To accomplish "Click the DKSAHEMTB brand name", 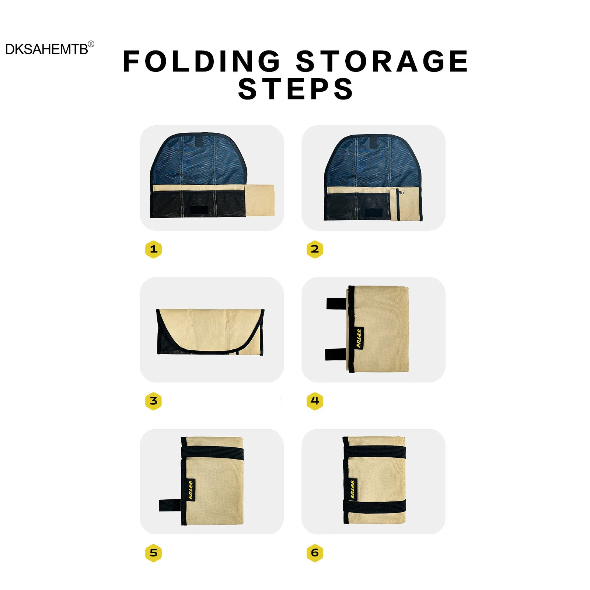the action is coord(47,49).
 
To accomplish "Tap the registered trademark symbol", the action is coord(91,44).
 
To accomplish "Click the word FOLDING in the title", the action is coord(202,61).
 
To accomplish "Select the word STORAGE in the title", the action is coord(382,61).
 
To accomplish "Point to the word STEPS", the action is coord(296,89).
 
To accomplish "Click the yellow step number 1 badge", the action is coord(153,249).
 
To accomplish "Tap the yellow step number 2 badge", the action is coord(315,249).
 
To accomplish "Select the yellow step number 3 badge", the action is coord(153,401).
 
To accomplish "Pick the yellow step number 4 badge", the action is coord(315,401).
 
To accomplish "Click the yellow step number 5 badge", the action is coord(153,553).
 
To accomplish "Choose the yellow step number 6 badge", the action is coord(315,553).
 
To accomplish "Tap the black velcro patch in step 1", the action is coord(199,210).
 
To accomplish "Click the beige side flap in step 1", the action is coord(259,200).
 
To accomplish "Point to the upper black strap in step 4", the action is coord(336,304).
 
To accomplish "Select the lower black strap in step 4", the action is coord(336,354).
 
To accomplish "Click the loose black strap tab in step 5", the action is coord(170,505).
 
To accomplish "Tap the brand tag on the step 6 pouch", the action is coord(352,489).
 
